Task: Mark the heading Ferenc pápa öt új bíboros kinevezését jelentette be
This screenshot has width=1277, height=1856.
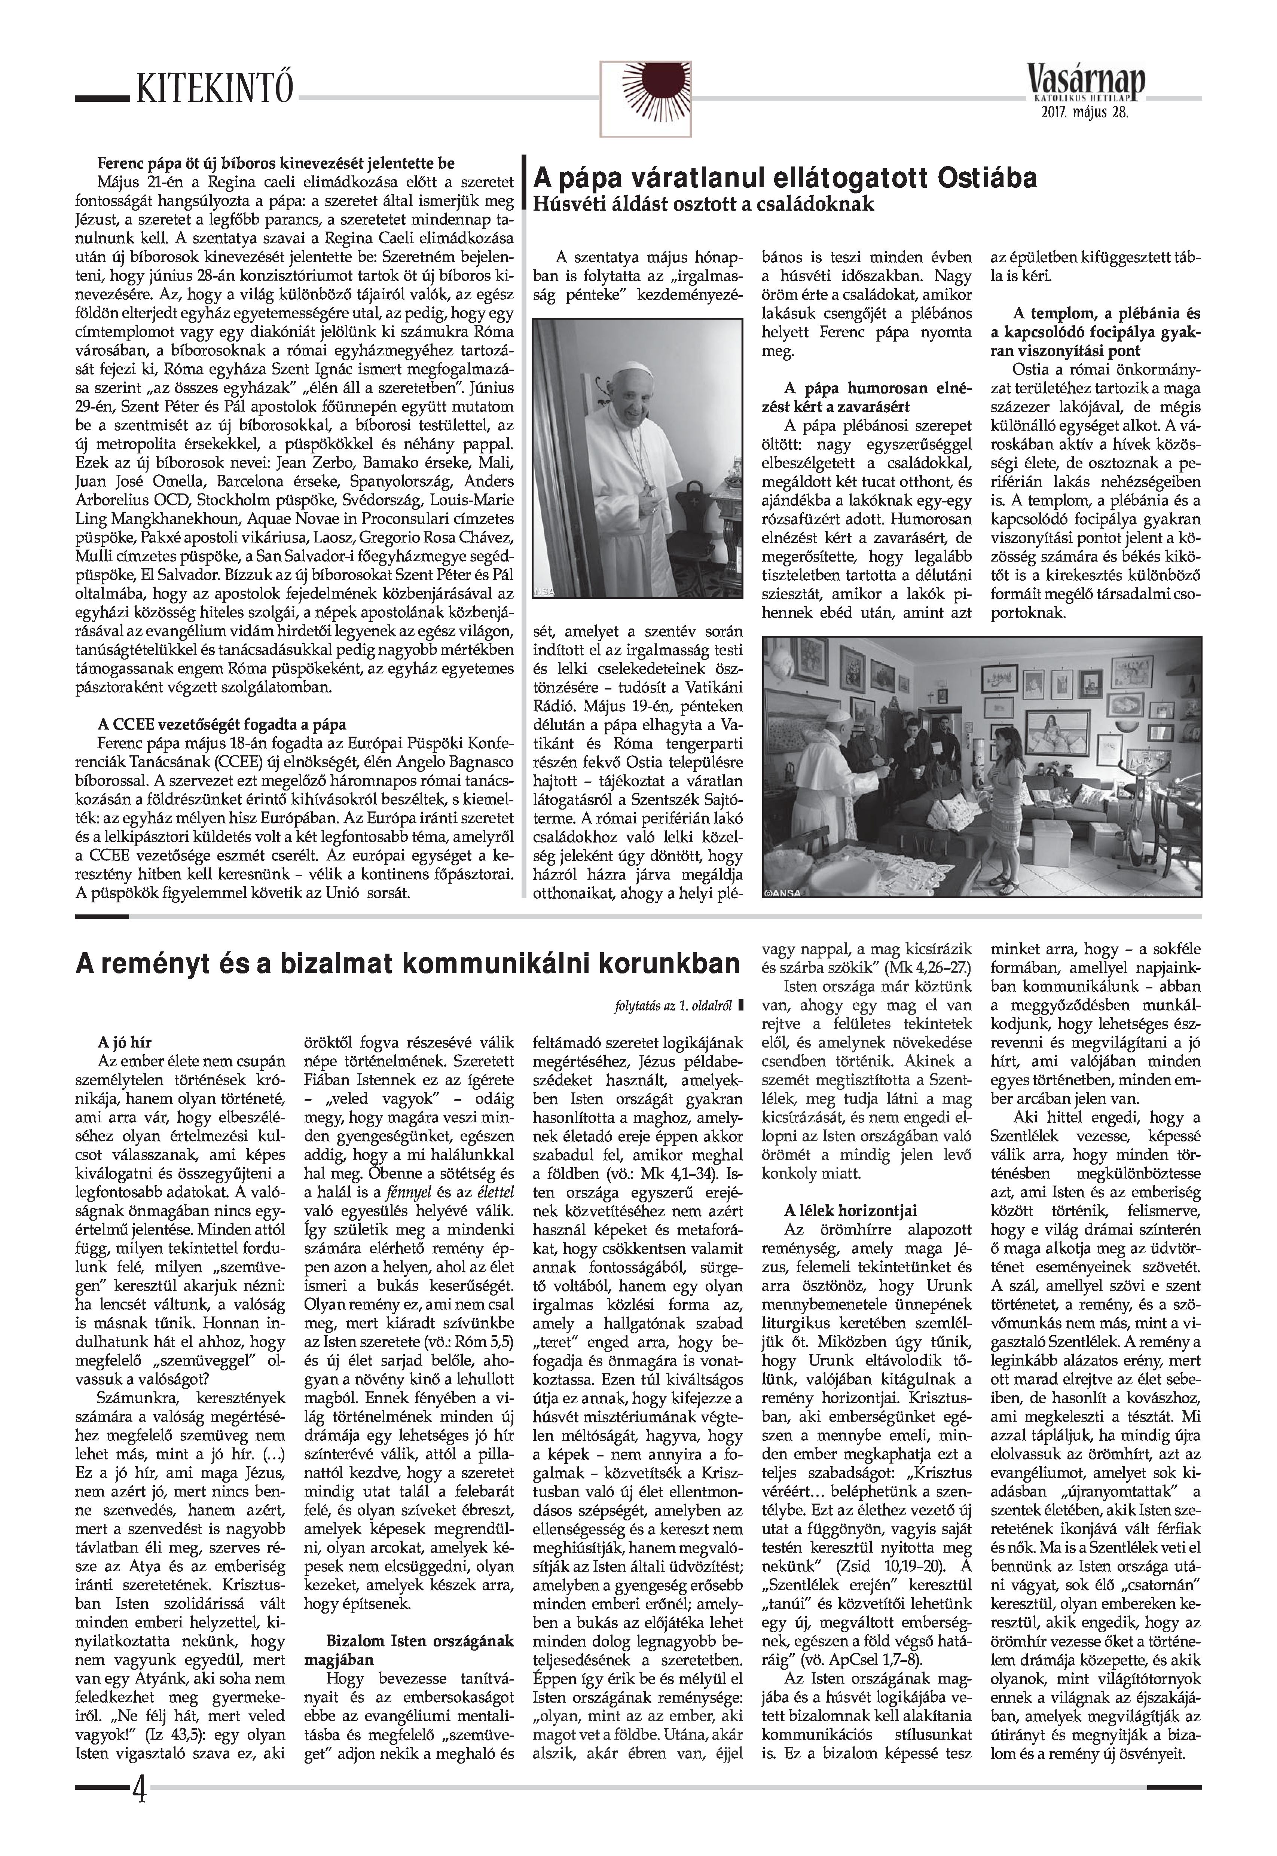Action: pyautogui.click(x=276, y=165)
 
